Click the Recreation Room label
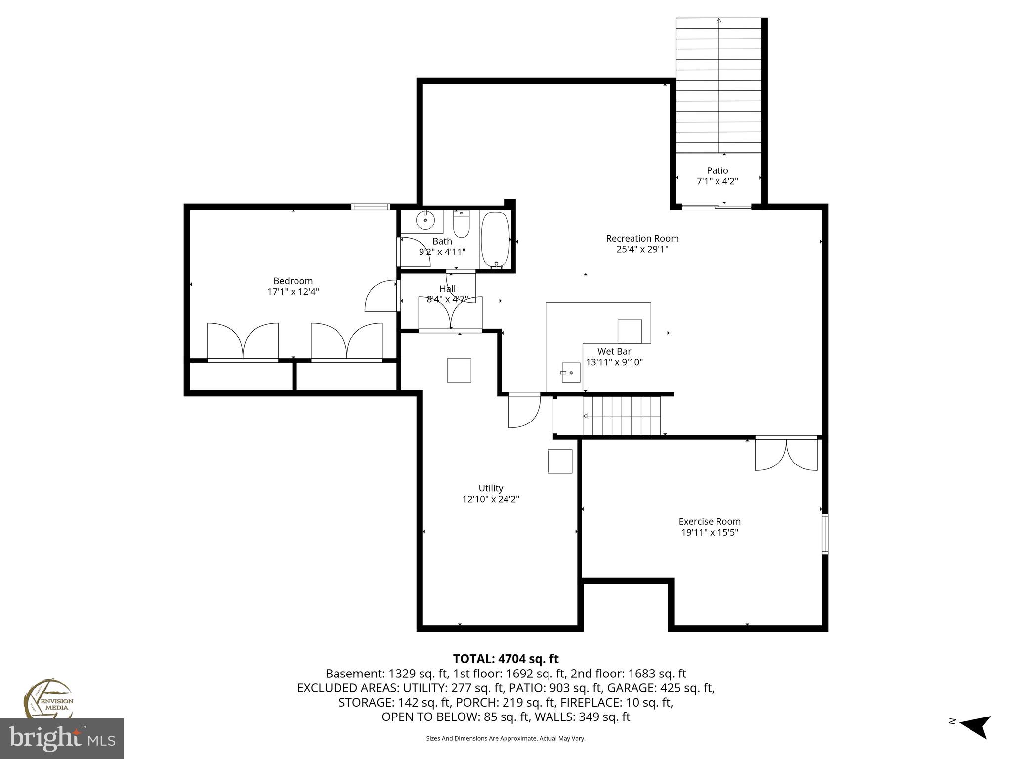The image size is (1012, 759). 642,239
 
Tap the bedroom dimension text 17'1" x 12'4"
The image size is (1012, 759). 293,292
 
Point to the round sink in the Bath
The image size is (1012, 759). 425,220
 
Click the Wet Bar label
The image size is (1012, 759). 614,352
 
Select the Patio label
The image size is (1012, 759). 717,171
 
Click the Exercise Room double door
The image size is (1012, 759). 786,454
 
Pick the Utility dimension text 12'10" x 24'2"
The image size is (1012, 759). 491,499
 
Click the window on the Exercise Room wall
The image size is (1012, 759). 825,534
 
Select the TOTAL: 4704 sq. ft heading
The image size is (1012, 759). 506,659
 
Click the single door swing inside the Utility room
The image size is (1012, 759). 524,411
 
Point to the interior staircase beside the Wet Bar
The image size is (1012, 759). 622,416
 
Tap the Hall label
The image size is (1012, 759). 447,289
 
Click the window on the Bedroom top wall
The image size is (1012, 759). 371,207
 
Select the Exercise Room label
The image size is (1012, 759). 709,521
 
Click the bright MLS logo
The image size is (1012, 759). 62,739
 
